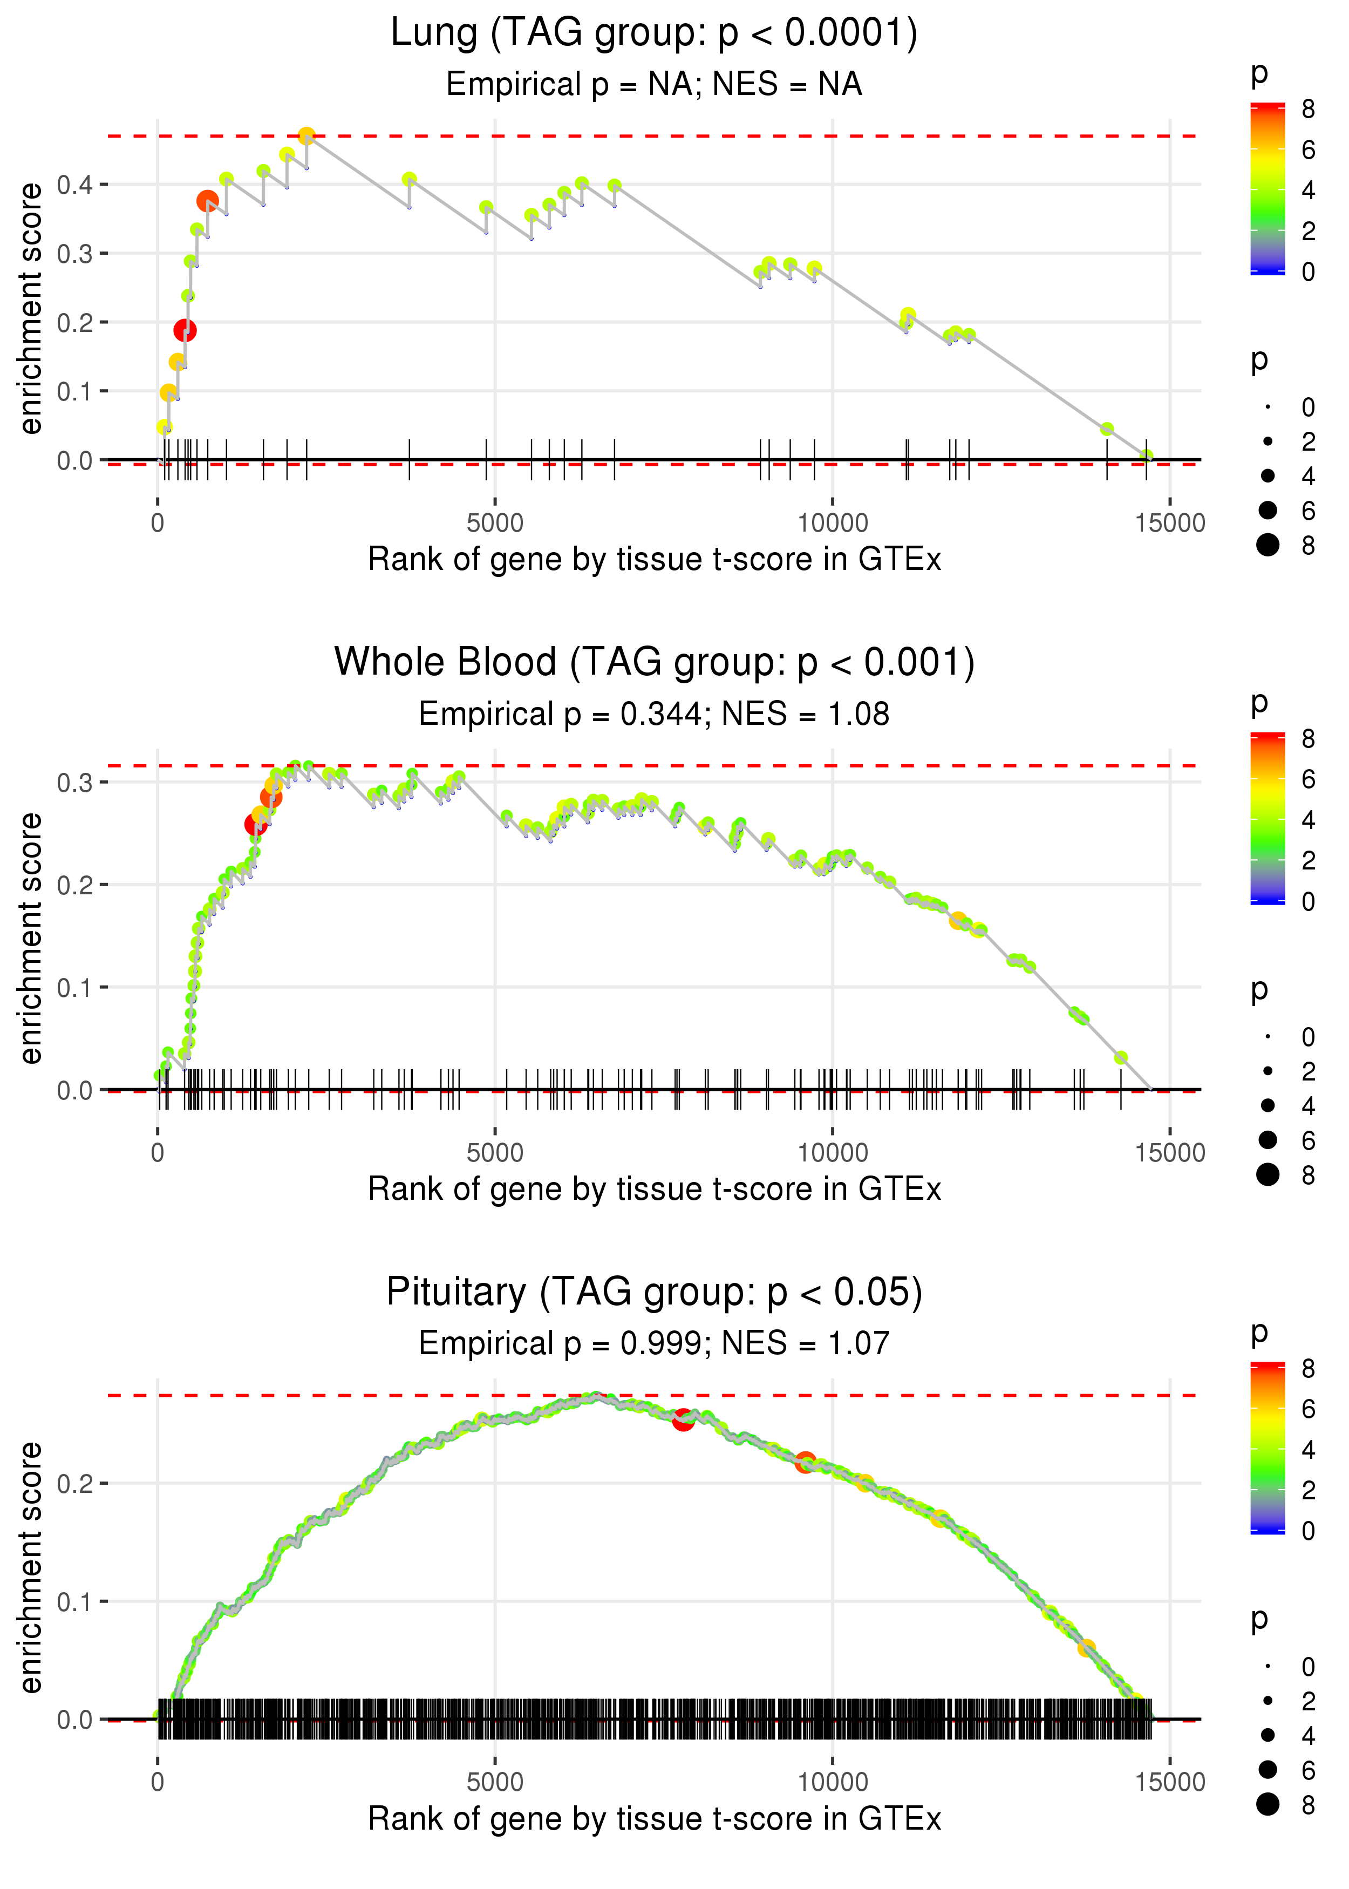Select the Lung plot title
654,33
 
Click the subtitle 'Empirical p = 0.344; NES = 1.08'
654,714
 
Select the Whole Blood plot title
654,662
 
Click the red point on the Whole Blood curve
255,824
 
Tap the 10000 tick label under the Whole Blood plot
832,1152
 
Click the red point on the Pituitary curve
683,1419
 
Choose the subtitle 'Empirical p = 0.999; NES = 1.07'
654,1343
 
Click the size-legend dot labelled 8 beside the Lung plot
1268,545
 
